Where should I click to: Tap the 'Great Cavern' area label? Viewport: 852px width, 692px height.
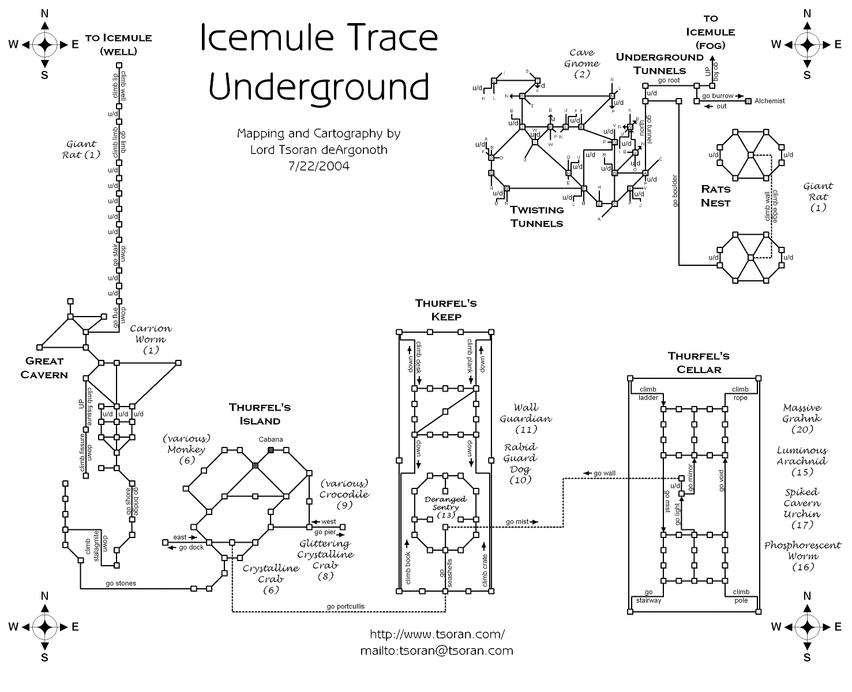[x=44, y=368]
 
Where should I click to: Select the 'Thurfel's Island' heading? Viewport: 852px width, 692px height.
[x=260, y=413]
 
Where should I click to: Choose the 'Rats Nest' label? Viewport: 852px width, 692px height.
[x=715, y=196]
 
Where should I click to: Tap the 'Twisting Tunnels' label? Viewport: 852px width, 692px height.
[x=536, y=217]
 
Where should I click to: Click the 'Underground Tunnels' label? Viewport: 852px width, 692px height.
[x=660, y=63]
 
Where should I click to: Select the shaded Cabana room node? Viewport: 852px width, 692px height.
[x=271, y=450]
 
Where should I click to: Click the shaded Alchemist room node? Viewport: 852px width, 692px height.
[x=749, y=101]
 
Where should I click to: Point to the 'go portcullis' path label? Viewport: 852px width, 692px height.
[x=346, y=606]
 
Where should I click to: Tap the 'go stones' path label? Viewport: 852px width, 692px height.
[x=121, y=583]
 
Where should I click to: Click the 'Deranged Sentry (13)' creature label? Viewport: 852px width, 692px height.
[x=445, y=507]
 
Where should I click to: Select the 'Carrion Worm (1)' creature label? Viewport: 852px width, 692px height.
[x=151, y=339]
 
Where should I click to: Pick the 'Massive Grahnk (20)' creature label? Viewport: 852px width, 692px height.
[x=802, y=419]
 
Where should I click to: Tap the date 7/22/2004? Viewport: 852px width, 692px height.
[x=318, y=166]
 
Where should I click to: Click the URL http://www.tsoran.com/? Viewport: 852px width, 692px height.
[x=437, y=634]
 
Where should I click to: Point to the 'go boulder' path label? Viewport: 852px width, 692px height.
[x=674, y=190]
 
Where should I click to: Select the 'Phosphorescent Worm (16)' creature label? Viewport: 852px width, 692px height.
[x=802, y=556]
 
